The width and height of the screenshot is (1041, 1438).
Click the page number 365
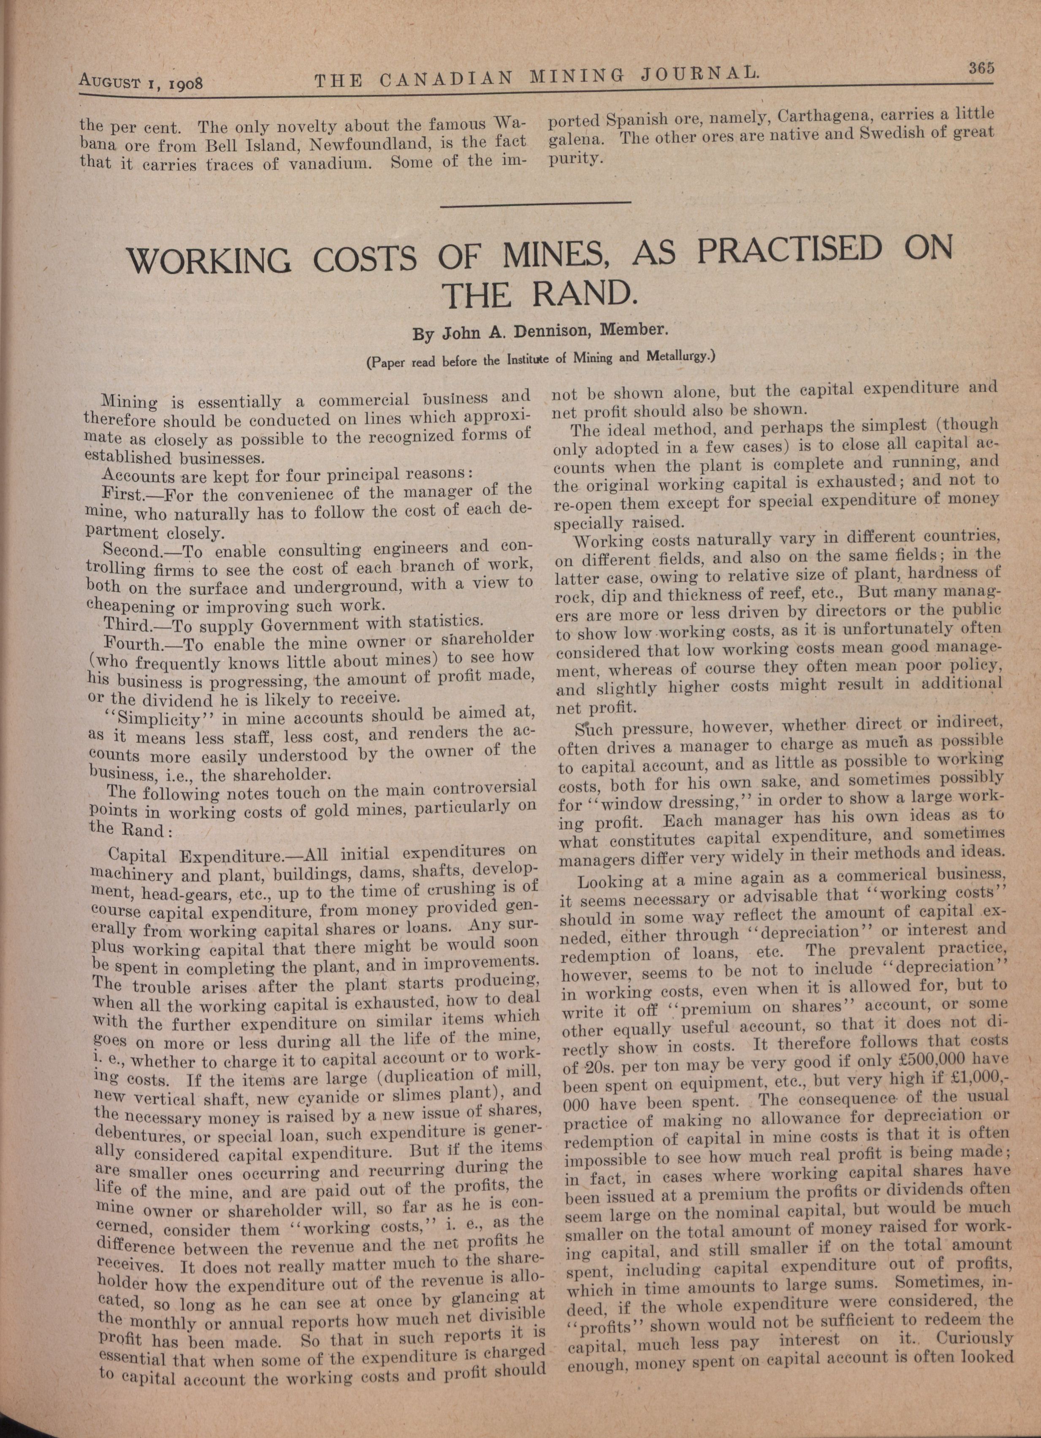[979, 68]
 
